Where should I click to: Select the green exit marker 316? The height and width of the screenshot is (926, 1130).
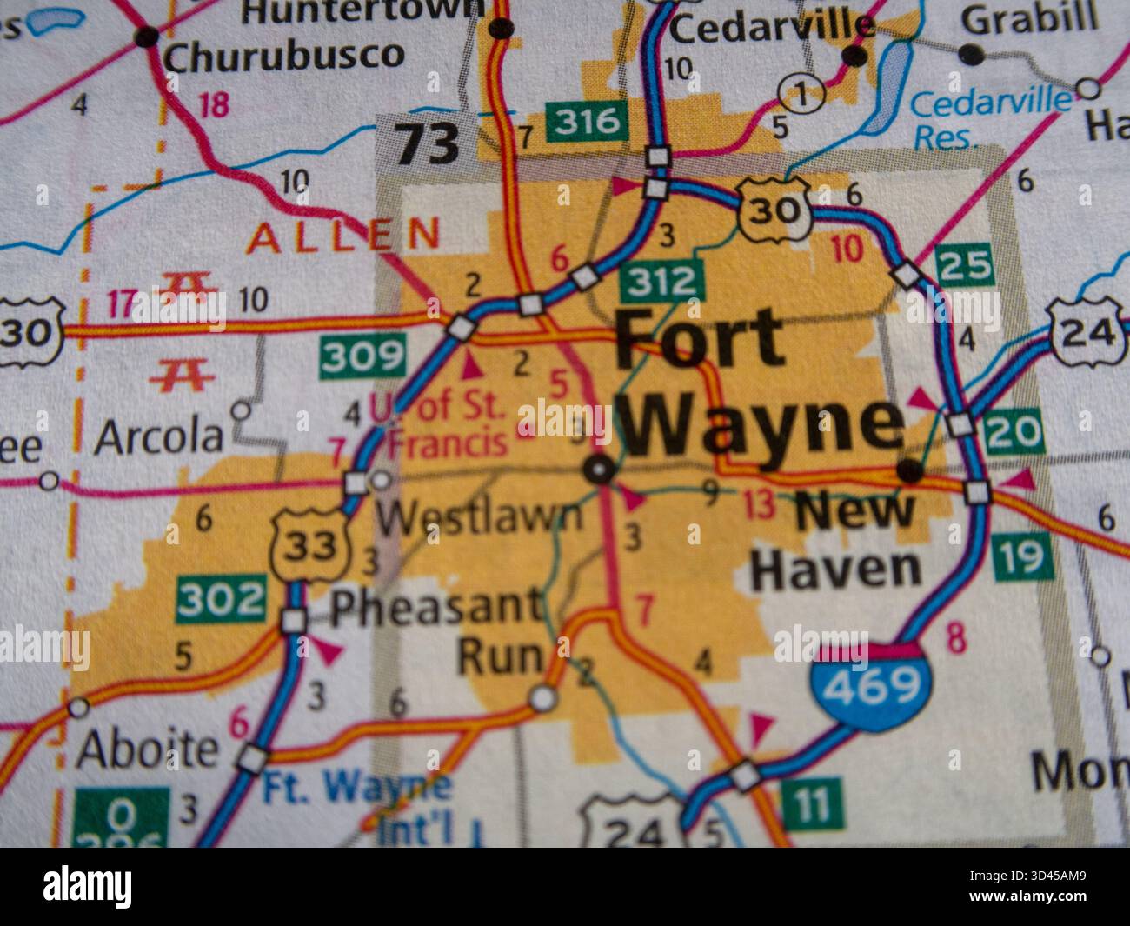point(587,121)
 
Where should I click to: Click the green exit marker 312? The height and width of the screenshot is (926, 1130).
point(663,281)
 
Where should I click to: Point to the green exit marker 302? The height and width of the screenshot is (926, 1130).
point(221,600)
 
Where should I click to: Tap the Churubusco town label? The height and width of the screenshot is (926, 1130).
point(283,56)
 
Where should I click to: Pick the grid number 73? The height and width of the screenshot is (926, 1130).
point(428,143)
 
